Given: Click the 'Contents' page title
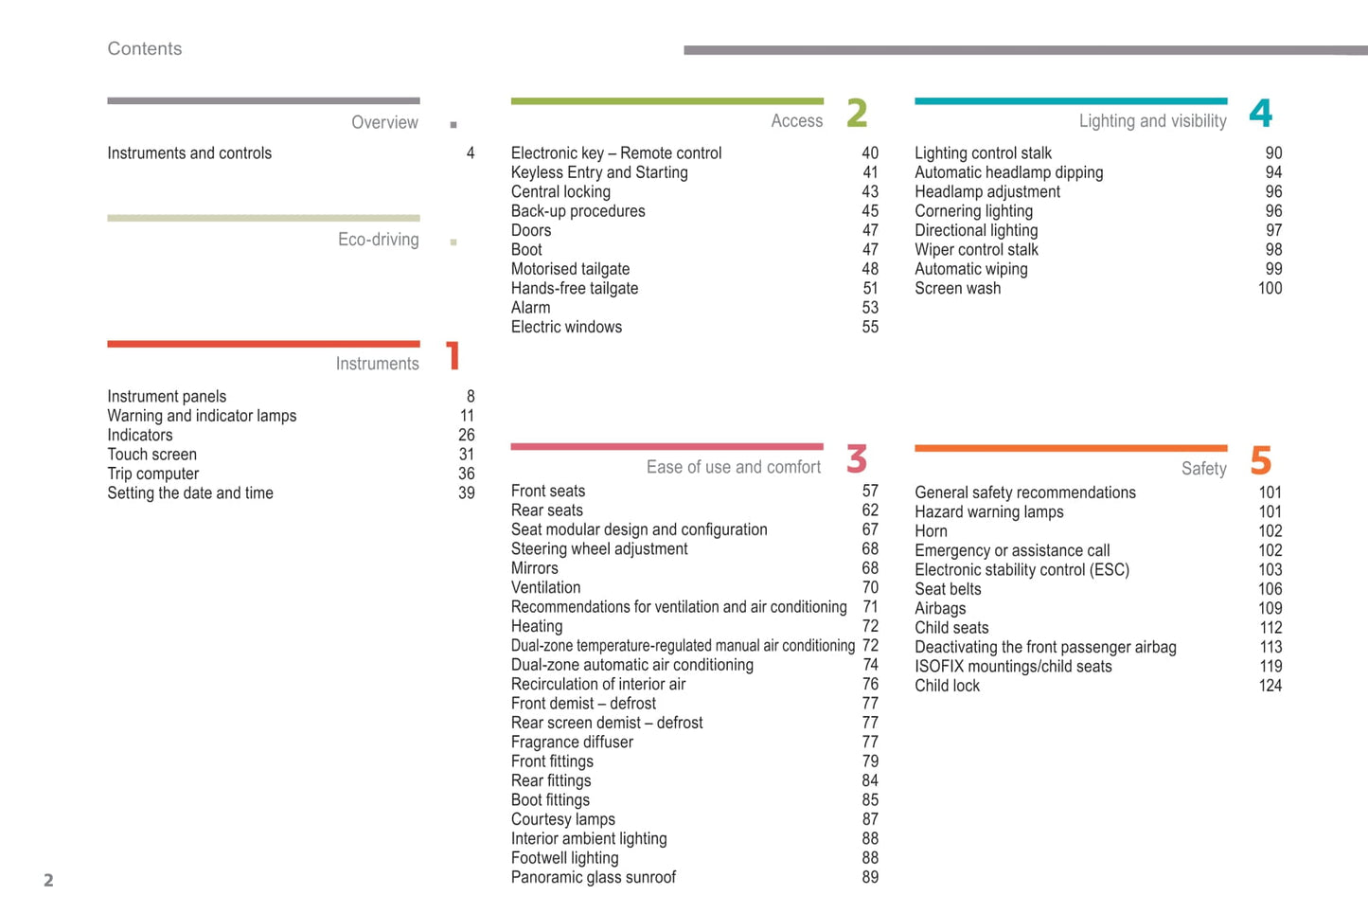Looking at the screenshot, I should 144,48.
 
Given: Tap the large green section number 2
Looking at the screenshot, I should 857,113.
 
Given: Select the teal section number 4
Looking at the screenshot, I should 1260,113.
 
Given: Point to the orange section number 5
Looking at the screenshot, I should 1260,461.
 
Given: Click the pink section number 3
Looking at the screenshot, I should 857,459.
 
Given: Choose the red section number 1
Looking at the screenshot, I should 453,356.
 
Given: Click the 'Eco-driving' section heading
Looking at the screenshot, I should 378,240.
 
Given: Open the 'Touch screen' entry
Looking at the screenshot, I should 151,455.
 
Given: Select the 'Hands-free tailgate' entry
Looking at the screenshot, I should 575,288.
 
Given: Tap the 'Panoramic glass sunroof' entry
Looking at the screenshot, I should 594,877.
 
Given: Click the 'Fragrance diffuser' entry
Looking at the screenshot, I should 572,742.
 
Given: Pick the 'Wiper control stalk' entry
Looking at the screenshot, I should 976,250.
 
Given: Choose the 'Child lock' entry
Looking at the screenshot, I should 947,686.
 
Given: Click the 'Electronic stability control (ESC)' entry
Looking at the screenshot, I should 1022,569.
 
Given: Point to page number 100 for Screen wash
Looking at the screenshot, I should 1270,288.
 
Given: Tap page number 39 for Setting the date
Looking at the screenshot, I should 467,492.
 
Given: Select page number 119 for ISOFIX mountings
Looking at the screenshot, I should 1270,666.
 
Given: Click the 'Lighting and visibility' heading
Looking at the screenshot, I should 1152,120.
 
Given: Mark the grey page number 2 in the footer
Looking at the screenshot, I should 48,880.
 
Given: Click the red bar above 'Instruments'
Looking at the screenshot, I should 263,344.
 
